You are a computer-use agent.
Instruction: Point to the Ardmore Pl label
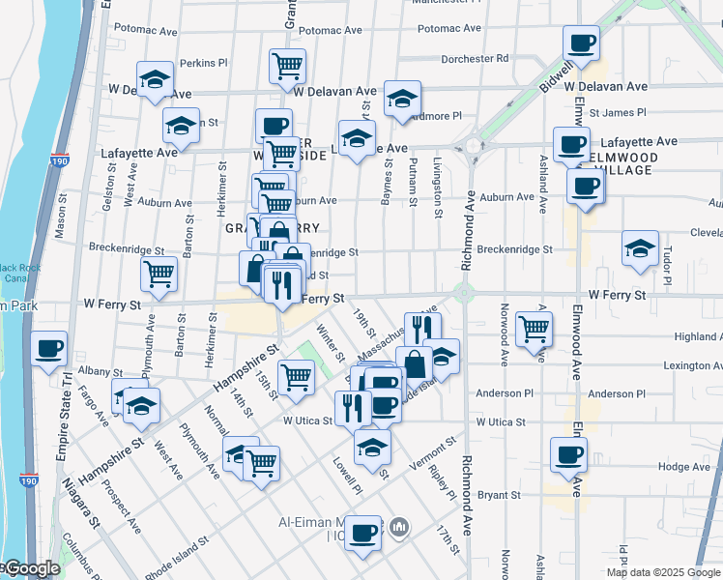point(434,116)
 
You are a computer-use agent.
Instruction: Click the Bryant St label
point(499,495)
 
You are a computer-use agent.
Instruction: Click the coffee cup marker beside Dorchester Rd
point(581,43)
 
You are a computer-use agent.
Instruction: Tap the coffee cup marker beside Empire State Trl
point(48,350)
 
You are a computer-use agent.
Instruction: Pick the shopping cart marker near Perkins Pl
point(287,67)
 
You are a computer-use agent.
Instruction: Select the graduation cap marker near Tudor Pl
point(640,248)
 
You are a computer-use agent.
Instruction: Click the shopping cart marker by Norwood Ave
point(533,329)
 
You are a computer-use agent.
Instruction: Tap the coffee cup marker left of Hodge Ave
point(568,454)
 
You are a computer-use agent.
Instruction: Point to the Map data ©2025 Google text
point(662,572)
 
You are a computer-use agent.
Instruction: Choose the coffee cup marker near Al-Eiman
point(363,534)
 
